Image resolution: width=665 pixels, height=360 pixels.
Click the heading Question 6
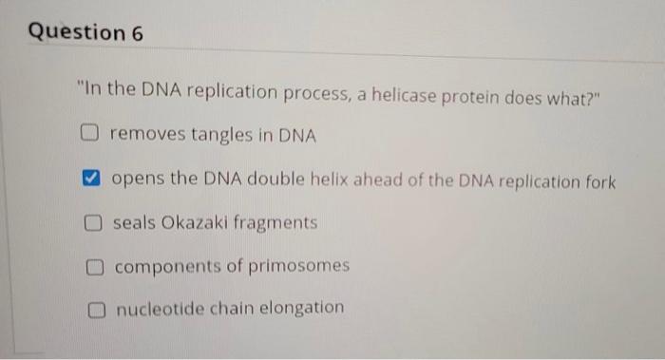coord(85,32)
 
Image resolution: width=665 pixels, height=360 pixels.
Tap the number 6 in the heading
coord(137,32)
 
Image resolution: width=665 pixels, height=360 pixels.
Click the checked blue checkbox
coord(91,179)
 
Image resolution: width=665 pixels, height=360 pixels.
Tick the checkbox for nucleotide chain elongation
coord(97,309)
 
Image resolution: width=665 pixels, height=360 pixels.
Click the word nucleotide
coord(155,308)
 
